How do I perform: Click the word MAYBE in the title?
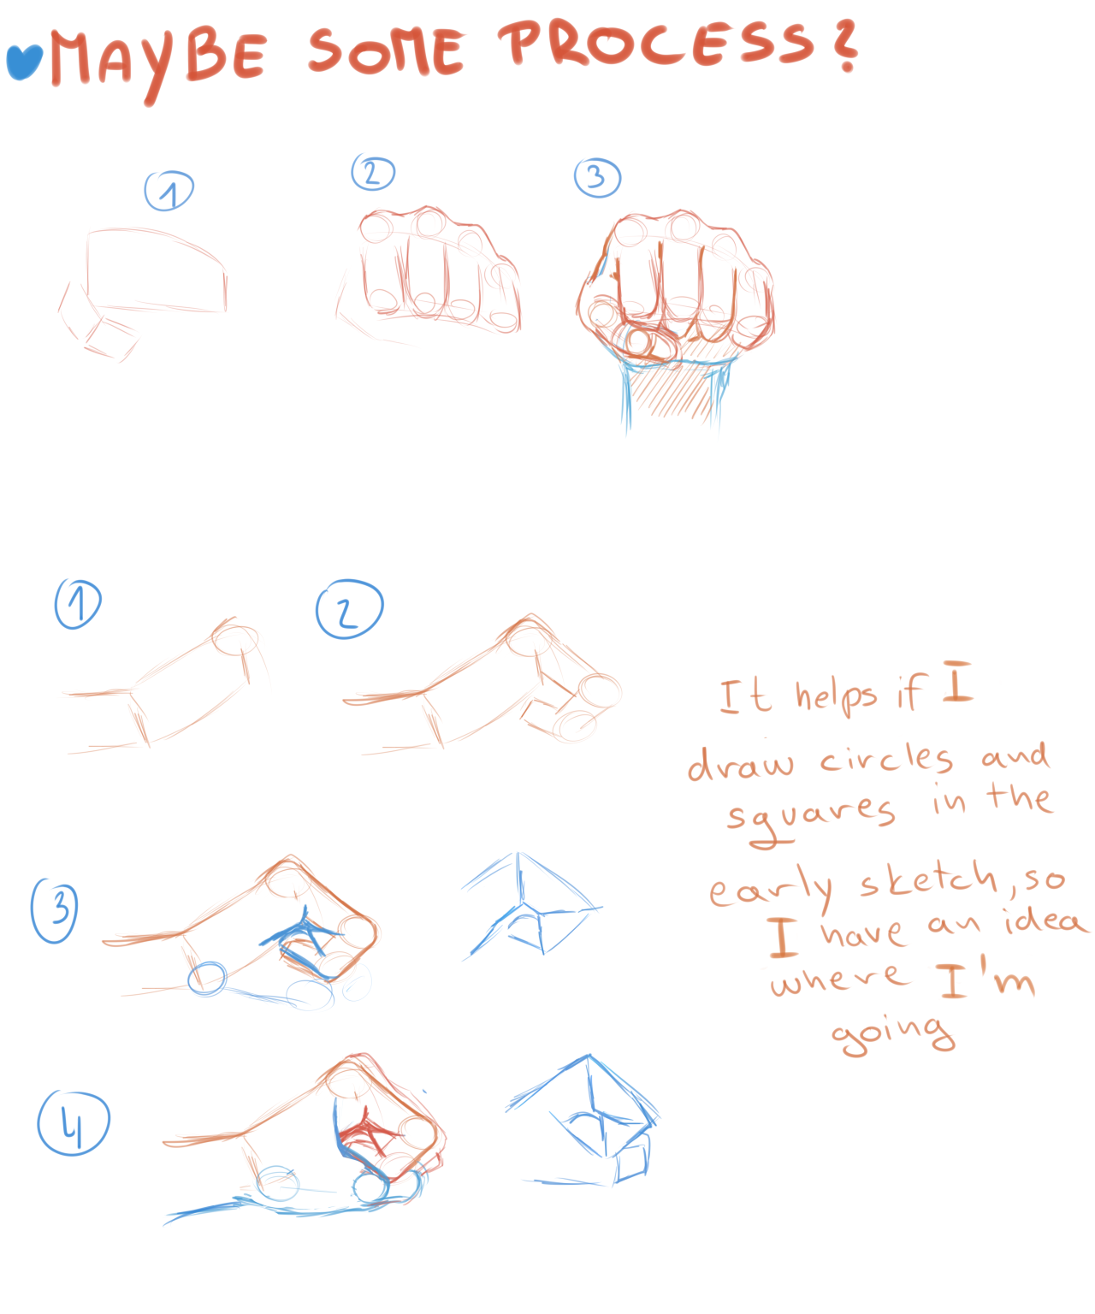(158, 63)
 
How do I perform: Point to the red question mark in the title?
(845, 45)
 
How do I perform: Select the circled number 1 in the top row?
(169, 190)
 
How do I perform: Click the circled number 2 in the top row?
(372, 173)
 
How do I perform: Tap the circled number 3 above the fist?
(596, 177)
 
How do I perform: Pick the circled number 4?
(73, 1122)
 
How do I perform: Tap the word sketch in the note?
(929, 877)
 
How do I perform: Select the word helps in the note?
(836, 696)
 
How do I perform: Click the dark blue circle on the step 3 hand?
(206, 979)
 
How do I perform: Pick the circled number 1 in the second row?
(78, 603)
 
